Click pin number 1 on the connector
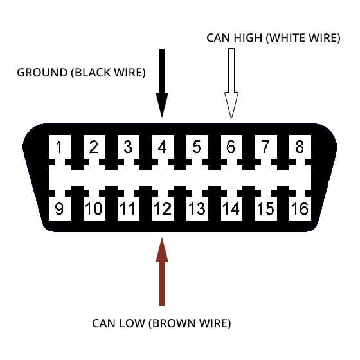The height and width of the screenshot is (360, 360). tap(59, 147)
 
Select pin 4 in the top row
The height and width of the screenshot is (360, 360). tap(163, 147)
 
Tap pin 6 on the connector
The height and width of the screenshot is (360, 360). tap(231, 147)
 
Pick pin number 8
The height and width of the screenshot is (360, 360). tap(300, 147)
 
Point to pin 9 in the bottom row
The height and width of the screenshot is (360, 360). tap(59, 208)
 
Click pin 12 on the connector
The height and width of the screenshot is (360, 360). tap(163, 208)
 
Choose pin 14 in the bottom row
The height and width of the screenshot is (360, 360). tap(231, 208)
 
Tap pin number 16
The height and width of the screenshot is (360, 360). tap(300, 208)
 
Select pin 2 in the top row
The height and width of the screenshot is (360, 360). tap(94, 147)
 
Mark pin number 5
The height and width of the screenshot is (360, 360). tap(197, 147)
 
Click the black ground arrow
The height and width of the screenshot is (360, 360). tap(162, 83)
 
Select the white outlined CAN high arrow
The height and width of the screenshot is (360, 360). tap(231, 83)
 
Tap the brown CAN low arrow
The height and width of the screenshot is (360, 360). tap(162, 271)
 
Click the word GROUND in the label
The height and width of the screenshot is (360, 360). tap(42, 73)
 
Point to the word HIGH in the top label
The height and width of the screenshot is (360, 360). tap(248, 38)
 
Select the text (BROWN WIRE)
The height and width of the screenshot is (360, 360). tap(190, 323)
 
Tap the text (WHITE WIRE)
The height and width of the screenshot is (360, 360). tap(303, 38)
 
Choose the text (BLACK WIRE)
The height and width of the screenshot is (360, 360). tap(109, 73)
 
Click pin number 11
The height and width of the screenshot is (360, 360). tap(128, 208)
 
